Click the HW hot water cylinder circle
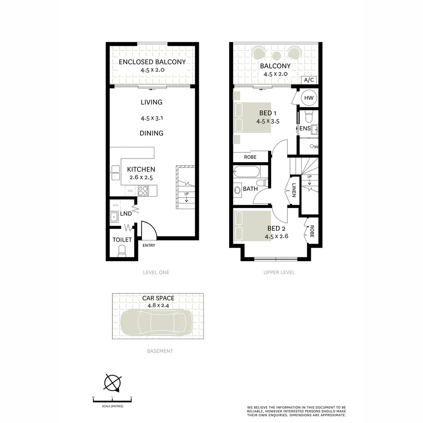309,98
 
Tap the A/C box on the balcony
309,80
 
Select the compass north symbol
112,382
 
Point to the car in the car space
156,322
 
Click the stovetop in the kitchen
143,191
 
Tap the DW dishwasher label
130,191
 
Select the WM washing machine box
115,205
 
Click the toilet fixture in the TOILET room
122,251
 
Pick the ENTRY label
149,246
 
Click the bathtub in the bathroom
246,172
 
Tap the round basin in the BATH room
237,190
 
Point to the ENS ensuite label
305,128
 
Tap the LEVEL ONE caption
156,272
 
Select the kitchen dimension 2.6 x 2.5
141,177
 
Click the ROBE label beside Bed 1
250,157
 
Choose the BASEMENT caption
160,351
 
